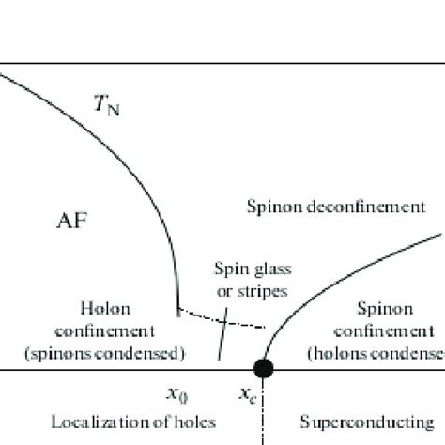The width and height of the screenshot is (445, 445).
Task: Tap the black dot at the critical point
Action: point(264,368)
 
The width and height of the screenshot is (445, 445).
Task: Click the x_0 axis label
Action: point(175,395)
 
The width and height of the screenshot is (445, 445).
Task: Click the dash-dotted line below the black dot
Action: point(264,413)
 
